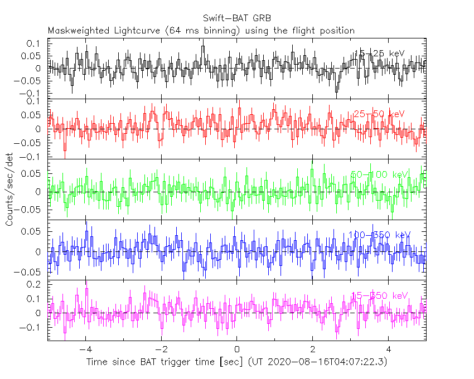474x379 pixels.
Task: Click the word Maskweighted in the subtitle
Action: (78, 30)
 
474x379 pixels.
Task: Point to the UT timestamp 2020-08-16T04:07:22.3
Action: (326, 362)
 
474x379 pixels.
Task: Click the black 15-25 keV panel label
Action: (379, 54)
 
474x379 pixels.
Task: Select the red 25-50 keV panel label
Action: (379, 114)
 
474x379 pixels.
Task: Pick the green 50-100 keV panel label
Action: (379, 174)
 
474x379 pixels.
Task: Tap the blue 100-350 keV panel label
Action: (379, 235)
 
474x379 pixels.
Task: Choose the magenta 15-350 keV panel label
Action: (379, 295)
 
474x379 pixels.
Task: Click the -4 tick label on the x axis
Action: (85, 349)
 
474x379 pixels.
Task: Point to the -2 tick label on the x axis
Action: (161, 349)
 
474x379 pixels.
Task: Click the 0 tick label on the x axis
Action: (237, 349)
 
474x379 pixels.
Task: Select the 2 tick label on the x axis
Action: (313, 349)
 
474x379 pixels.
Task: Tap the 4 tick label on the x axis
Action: (389, 349)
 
